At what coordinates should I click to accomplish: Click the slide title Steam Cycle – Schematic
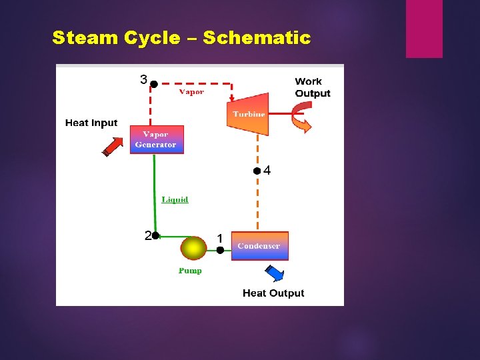click(x=181, y=38)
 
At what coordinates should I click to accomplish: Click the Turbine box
click(x=248, y=113)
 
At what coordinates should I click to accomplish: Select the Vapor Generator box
click(x=156, y=139)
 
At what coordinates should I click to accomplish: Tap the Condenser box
click(x=259, y=245)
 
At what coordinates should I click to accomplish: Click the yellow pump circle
click(x=193, y=249)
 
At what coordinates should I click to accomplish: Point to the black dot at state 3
click(x=153, y=84)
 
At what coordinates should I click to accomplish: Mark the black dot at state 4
click(x=257, y=171)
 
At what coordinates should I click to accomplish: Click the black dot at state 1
click(x=220, y=250)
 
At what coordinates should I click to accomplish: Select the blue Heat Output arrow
click(x=274, y=273)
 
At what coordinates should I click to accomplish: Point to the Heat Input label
click(x=91, y=123)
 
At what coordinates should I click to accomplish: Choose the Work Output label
click(x=312, y=87)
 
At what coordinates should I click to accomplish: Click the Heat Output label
click(x=273, y=293)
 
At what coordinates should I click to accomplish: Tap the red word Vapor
click(x=191, y=92)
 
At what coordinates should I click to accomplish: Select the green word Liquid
click(x=175, y=199)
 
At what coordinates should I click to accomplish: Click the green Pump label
click(x=190, y=271)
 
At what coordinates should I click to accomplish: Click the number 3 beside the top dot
click(x=143, y=80)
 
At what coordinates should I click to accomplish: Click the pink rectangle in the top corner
click(x=424, y=29)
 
